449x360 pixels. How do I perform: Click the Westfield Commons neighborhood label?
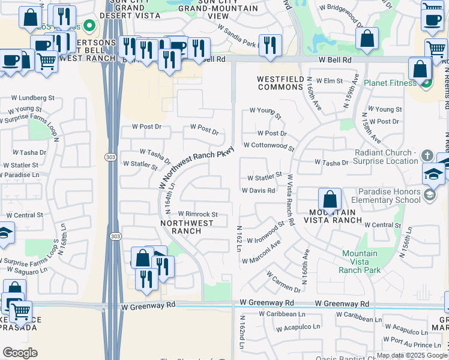click(280, 83)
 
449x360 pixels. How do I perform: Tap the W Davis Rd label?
click(258, 190)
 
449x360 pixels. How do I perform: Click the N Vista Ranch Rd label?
click(291, 199)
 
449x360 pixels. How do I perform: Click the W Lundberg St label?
click(33, 97)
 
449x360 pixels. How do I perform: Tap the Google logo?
click(20, 352)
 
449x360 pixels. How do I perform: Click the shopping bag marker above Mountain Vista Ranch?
click(330, 198)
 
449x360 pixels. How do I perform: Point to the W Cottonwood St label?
click(269, 146)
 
